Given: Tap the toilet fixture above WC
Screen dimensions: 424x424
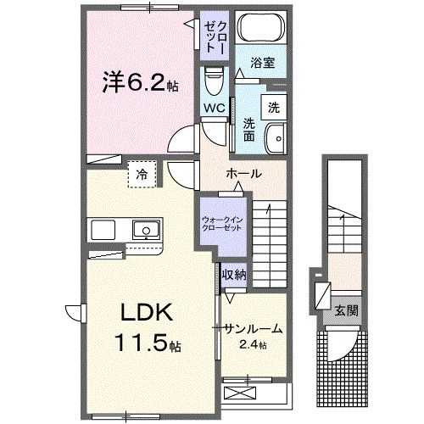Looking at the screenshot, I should pyautogui.click(x=213, y=86).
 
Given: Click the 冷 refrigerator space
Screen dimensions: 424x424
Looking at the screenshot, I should pyautogui.click(x=141, y=175).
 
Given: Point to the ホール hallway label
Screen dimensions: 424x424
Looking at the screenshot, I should pyautogui.click(x=243, y=173).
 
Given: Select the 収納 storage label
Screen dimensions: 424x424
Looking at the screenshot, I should pyautogui.click(x=233, y=275).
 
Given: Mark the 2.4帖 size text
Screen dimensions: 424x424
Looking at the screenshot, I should pyautogui.click(x=252, y=344).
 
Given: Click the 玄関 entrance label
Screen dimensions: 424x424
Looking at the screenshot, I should pyautogui.click(x=346, y=310).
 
